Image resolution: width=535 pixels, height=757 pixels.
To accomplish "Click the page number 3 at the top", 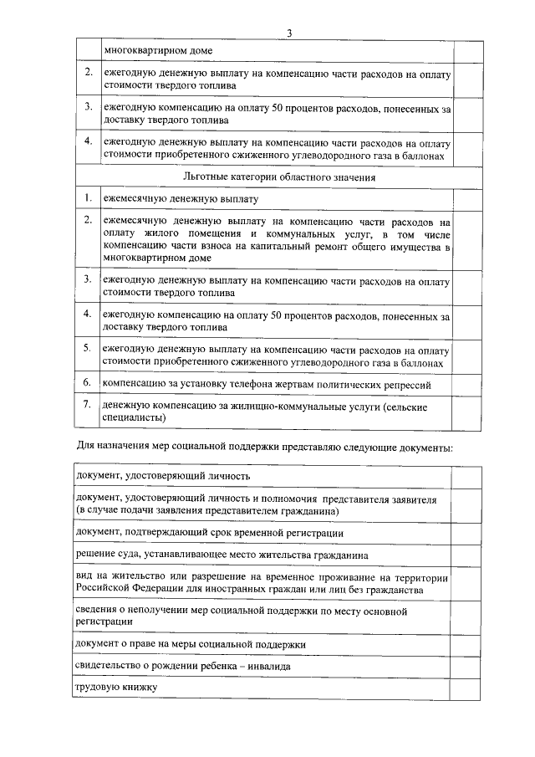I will tap(289, 33).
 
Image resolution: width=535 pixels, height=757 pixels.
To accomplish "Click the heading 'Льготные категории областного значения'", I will tap(278, 177).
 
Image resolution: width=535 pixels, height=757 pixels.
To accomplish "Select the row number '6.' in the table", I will tap(87, 382).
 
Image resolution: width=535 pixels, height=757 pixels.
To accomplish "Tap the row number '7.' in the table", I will tap(87, 404).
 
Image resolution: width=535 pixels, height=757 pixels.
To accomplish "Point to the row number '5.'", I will tap(87, 346).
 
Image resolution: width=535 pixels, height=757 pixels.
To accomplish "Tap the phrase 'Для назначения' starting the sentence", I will tap(105, 448).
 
